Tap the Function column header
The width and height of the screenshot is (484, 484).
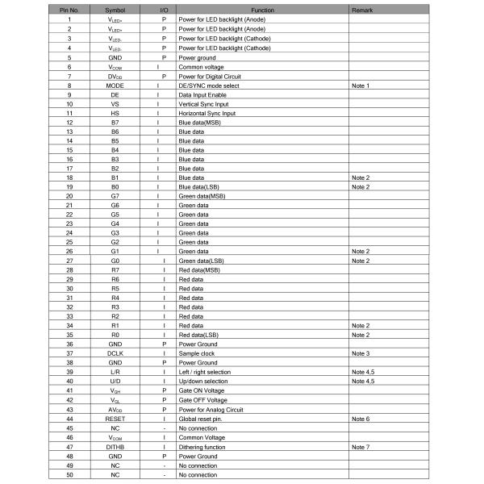262,9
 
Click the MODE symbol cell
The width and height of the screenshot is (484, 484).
115,85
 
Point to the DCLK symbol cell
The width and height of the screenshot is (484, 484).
115,353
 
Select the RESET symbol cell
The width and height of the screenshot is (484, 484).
115,419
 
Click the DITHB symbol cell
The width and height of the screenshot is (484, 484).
115,446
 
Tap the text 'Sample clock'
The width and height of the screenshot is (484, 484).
196,353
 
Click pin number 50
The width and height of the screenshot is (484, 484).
69,475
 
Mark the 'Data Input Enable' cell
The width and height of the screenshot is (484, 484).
202,94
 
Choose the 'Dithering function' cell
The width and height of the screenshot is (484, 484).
202,446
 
